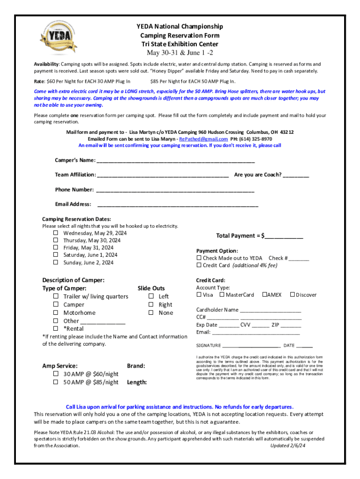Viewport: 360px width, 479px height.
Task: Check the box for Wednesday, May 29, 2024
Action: [x=56, y=233]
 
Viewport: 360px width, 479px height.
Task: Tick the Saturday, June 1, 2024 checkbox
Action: [x=56, y=255]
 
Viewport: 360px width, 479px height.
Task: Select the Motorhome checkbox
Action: [x=56, y=312]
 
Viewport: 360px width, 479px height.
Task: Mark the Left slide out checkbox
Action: [x=151, y=296]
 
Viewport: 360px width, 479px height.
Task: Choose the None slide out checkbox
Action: [x=151, y=312]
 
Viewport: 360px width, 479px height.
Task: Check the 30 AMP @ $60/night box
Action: [x=56, y=374]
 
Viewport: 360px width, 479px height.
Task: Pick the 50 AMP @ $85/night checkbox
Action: [x=56, y=382]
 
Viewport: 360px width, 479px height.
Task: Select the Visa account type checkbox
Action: [x=199, y=295]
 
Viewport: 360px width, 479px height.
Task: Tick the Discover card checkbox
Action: [x=292, y=295]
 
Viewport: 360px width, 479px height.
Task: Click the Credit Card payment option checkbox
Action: [x=199, y=265]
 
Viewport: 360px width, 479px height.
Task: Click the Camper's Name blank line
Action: [x=175, y=161]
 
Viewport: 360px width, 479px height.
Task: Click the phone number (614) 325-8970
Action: [x=257, y=139]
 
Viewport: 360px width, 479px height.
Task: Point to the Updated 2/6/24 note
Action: [x=289, y=446]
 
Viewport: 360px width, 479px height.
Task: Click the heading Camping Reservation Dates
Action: [x=77, y=219]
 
